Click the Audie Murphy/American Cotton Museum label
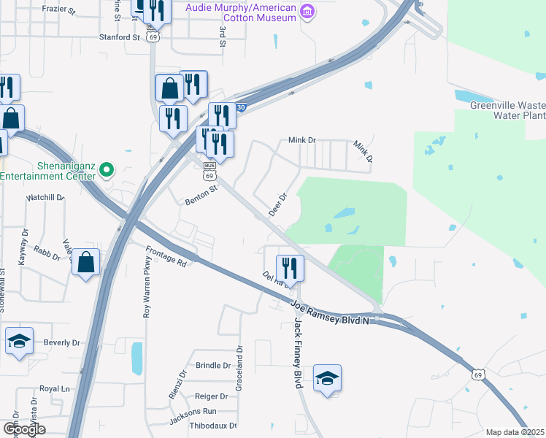click(x=240, y=12)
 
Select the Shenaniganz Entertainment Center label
click(x=48, y=171)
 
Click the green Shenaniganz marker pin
click(x=106, y=170)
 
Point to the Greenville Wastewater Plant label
click(x=507, y=110)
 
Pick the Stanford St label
click(x=119, y=36)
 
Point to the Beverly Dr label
click(x=61, y=342)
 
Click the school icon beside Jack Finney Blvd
click(x=328, y=378)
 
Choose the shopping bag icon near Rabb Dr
click(x=85, y=261)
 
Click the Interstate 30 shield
click(x=242, y=107)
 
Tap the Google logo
click(x=24, y=429)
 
